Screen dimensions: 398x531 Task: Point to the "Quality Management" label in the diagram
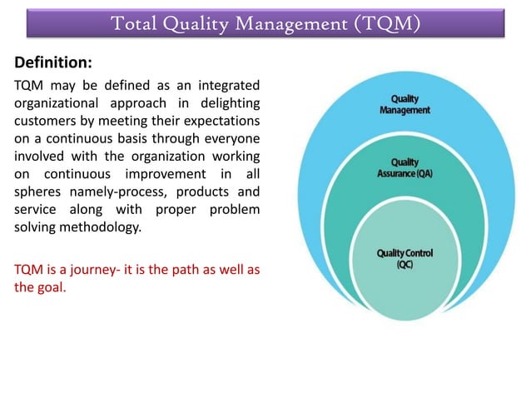tap(405, 104)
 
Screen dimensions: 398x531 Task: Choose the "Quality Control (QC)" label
tap(405, 257)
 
